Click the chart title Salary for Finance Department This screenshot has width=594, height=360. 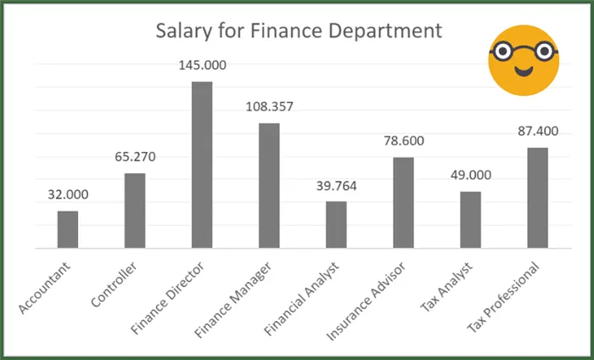click(299, 32)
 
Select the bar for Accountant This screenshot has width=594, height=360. click(68, 229)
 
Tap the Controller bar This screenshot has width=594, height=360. click(135, 211)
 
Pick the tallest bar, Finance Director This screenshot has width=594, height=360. click(202, 165)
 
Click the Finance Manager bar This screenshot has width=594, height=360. click(269, 186)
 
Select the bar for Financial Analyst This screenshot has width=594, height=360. click(336, 225)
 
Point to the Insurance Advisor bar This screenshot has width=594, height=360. click(403, 203)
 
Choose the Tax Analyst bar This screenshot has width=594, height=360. click(470, 220)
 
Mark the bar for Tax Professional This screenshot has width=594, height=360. click(537, 198)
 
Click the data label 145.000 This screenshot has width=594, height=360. click(202, 65)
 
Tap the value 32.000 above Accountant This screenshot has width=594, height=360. click(68, 194)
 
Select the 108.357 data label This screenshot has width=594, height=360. click(269, 107)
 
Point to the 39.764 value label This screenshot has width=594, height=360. click(336, 185)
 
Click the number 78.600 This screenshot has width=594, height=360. click(403, 141)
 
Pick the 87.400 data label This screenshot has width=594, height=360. click(537, 132)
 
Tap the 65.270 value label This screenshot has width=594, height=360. click(135, 157)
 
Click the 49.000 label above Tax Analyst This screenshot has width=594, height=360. click(470, 175)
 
